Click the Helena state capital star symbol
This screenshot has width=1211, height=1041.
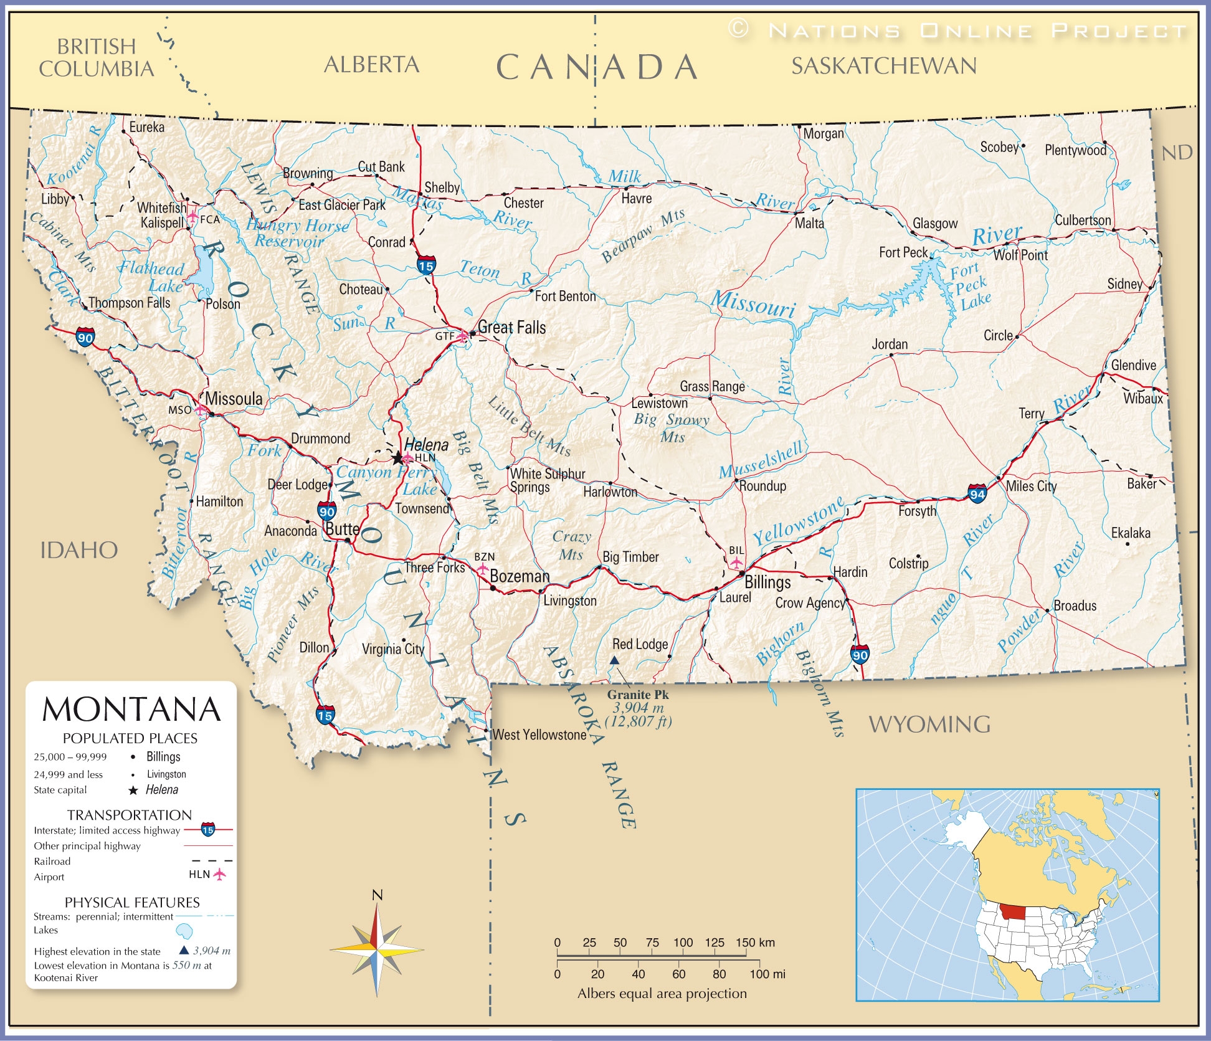(x=397, y=458)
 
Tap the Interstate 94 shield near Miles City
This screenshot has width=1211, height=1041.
(x=977, y=494)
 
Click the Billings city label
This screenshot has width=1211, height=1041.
(x=767, y=582)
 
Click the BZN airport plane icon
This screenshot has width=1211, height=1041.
(x=483, y=569)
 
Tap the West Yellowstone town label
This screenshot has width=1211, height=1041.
(x=539, y=735)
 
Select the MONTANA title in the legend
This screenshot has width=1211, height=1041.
(x=131, y=710)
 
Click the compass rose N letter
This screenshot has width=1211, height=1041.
(x=377, y=895)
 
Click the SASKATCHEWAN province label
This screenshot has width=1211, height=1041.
(x=883, y=66)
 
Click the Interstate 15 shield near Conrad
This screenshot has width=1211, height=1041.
(x=426, y=265)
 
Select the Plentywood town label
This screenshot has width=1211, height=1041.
(x=1075, y=150)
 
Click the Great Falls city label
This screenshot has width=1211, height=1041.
(x=511, y=328)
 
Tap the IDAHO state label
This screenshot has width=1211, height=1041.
(x=79, y=551)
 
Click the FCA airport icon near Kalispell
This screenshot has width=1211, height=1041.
(x=193, y=216)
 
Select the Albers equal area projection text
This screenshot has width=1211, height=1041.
(x=662, y=994)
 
